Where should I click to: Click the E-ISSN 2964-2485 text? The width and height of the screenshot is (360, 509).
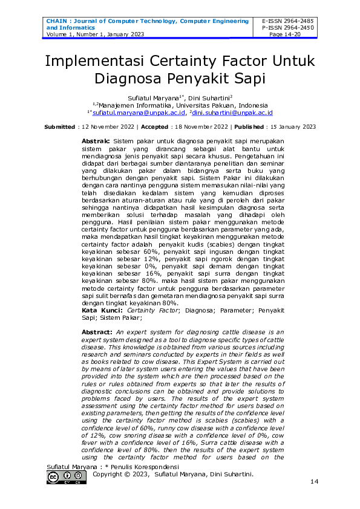287,21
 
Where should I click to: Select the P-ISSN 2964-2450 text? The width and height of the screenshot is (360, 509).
287,28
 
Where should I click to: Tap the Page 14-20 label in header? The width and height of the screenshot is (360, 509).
287,34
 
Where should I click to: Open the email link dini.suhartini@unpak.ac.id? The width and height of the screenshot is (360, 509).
232,112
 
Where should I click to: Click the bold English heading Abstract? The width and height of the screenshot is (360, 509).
97,333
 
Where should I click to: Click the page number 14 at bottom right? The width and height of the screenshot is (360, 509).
314,482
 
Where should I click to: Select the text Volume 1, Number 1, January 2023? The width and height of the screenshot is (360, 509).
91,34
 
